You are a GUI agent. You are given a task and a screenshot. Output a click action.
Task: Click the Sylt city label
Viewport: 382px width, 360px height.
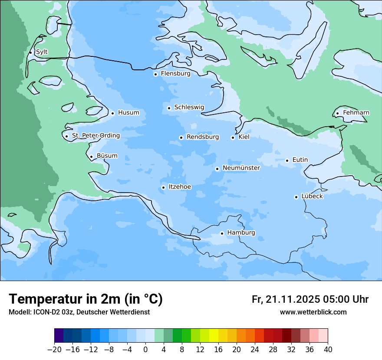click(42, 52)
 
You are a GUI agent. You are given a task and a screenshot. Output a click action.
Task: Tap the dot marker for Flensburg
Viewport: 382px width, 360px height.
click(155, 74)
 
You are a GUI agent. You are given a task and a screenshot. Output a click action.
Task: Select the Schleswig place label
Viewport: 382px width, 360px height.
click(189, 107)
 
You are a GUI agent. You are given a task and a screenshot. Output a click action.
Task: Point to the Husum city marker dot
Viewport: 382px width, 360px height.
click(112, 113)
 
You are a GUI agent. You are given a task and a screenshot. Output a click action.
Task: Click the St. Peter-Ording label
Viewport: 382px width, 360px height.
click(95, 135)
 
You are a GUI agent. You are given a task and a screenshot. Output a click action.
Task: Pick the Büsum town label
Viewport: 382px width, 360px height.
click(107, 156)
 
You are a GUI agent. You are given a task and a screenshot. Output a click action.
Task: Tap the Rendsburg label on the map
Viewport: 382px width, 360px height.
click(203, 137)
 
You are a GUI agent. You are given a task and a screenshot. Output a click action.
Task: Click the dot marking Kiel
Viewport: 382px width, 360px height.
click(233, 137)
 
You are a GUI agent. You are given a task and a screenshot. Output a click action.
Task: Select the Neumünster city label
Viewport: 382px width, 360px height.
click(241, 168)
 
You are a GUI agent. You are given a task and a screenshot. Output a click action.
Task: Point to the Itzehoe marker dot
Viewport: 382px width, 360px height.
click(163, 187)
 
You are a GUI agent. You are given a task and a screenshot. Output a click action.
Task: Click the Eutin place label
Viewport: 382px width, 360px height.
click(300, 160)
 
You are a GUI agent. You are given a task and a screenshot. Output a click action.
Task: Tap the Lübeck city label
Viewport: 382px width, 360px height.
click(312, 196)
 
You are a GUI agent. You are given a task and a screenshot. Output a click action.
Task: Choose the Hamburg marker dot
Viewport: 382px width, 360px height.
click(222, 233)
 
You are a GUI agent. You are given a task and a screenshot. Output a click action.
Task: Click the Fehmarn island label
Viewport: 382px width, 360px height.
click(356, 113)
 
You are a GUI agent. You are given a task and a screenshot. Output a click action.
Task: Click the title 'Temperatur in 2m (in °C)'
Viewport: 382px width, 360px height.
click(86, 299)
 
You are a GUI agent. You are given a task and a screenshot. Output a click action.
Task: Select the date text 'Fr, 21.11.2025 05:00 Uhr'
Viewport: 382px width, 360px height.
click(310, 299)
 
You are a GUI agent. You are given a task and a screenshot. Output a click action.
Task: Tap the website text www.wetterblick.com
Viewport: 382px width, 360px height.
click(313, 312)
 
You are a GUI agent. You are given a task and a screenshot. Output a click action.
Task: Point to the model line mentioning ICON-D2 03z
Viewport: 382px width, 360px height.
click(79, 312)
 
